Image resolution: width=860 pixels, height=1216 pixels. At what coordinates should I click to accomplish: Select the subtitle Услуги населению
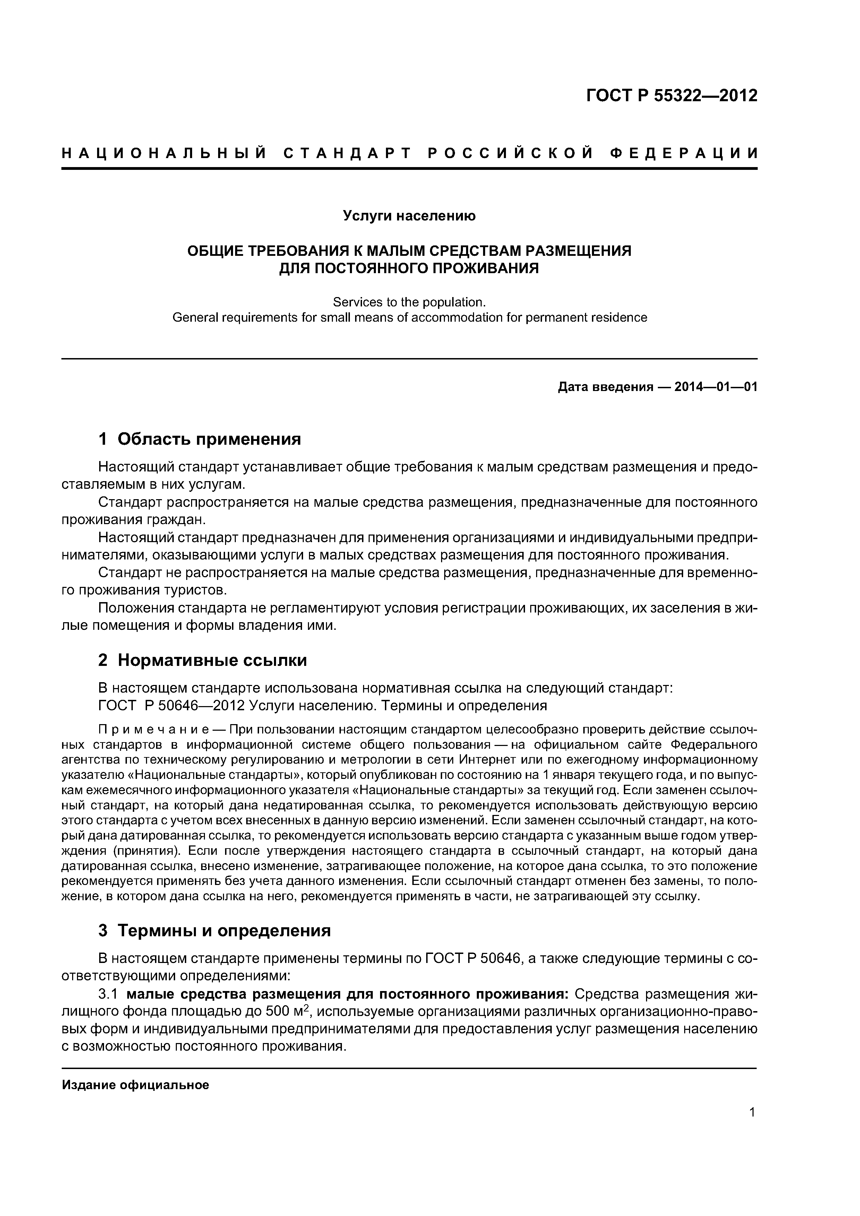409,216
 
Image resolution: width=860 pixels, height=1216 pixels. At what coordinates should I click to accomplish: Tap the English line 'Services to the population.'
409,302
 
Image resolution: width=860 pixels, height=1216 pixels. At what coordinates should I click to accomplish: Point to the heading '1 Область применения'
200,439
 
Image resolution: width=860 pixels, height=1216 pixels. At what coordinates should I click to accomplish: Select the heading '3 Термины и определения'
215,930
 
